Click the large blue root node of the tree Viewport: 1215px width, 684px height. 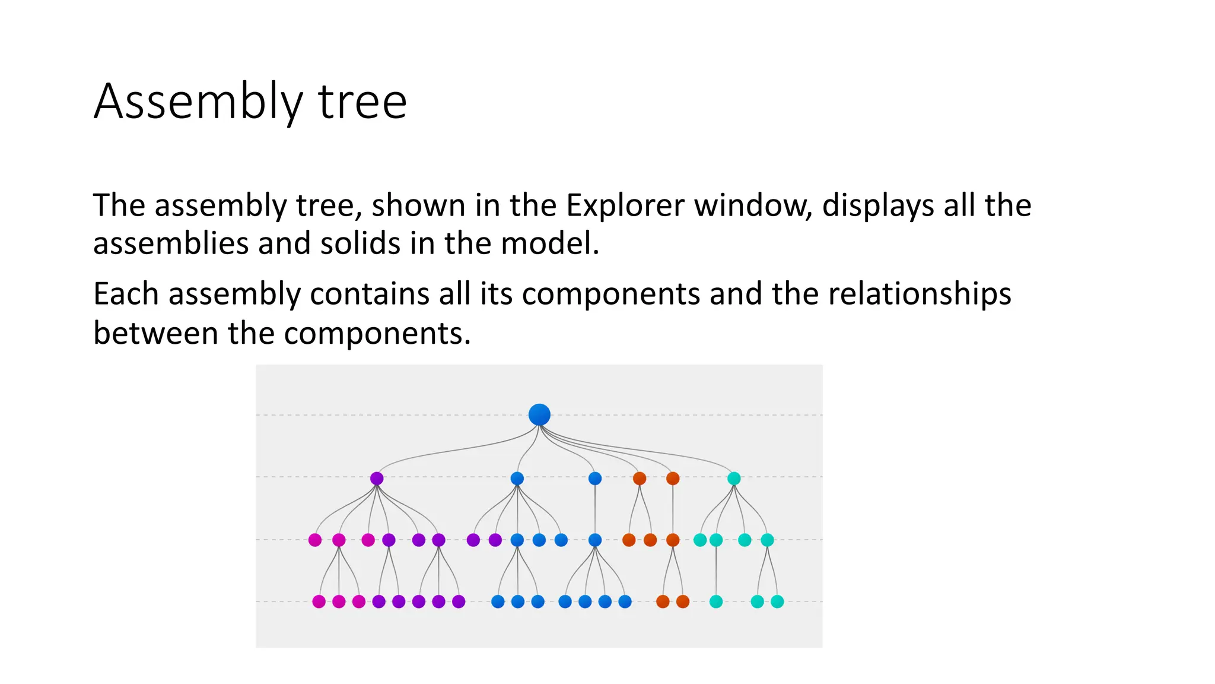[x=539, y=414]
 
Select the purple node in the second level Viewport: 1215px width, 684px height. [x=377, y=479]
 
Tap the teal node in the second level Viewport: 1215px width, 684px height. [x=734, y=479]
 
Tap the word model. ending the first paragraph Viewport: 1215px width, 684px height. [x=550, y=244]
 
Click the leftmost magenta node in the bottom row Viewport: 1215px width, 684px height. [x=319, y=601]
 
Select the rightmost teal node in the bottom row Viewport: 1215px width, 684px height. [x=777, y=601]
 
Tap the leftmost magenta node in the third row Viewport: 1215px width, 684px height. [x=315, y=540]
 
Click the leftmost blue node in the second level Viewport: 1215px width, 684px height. [x=517, y=479]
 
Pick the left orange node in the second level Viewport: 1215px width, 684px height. [x=640, y=479]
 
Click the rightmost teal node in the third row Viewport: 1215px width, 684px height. [x=767, y=540]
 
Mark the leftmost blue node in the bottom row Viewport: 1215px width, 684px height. [x=498, y=601]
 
